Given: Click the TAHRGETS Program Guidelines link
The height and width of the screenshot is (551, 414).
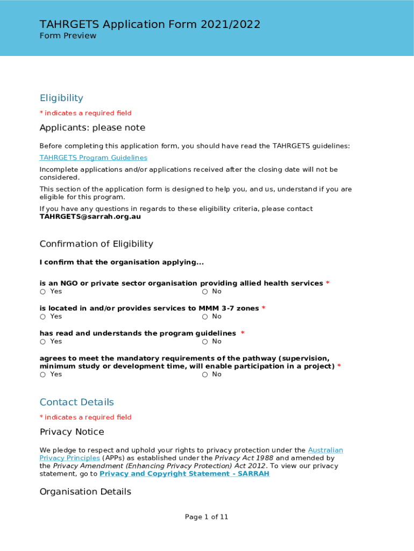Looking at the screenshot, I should coord(93,158).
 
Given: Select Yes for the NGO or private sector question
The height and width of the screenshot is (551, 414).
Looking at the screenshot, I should coord(42,292).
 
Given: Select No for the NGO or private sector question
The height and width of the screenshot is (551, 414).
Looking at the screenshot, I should coord(205,292).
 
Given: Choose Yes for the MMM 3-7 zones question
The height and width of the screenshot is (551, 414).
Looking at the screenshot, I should coord(42,316).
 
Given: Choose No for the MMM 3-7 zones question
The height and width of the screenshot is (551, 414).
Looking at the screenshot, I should coord(205,316).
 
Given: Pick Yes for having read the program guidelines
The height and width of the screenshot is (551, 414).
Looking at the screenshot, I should coord(42,342).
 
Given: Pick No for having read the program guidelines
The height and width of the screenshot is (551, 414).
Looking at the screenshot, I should coord(205,342).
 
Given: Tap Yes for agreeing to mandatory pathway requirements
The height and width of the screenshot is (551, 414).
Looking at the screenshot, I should coord(42,375).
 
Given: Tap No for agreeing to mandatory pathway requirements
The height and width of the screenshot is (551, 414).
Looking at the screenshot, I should coord(205,375).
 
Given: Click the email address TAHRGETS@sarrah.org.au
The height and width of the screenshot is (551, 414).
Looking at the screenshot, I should coord(90,217).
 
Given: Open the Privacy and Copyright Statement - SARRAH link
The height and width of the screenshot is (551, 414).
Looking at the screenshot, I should coord(184,474).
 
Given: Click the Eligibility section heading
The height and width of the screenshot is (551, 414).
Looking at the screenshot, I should coord(61,98).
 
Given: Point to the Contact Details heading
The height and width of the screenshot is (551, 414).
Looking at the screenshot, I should coord(77,402).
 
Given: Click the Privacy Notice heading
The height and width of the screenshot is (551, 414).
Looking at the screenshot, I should coord(72,432).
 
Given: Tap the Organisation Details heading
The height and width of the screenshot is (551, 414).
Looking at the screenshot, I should coord(85,492).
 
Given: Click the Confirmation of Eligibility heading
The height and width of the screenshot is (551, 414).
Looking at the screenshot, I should coord(96,244).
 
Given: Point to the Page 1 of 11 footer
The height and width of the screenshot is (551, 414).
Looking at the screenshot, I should coord(206,517).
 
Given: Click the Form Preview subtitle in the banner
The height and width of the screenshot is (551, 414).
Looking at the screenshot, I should coord(68,36).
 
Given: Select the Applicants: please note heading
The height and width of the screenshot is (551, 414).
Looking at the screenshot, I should coord(92,128).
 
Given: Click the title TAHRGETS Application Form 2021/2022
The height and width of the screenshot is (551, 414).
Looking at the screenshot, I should coord(150,24).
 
